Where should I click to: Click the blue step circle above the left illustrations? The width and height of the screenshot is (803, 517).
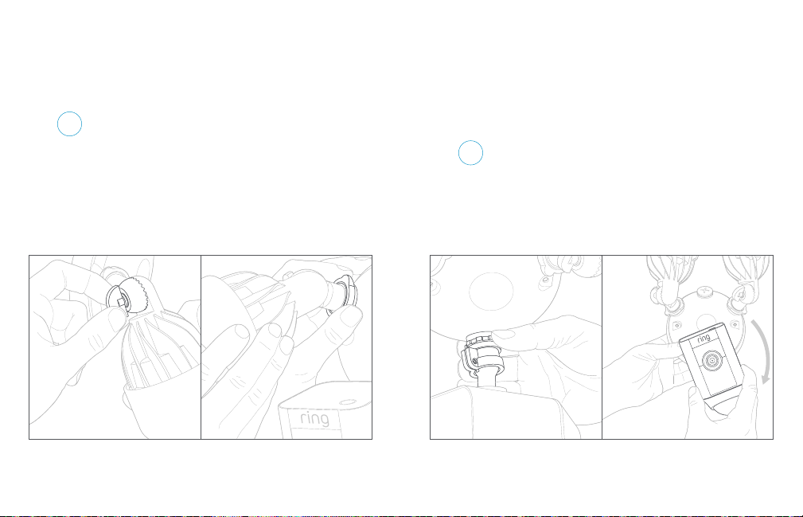coord(70,124)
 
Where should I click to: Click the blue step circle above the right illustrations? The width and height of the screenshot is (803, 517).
coord(470,153)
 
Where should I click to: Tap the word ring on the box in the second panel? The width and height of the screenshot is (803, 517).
coord(314,419)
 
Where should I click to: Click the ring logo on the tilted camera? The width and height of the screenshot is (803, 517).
coord(704,339)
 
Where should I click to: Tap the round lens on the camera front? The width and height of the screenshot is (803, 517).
coord(711,362)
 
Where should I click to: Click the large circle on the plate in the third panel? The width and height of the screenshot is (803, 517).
coord(491,291)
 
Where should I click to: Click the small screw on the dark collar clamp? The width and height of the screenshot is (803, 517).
coord(475,362)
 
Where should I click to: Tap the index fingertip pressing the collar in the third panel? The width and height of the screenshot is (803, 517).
coord(499,335)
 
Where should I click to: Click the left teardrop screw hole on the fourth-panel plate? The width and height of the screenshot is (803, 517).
coord(677,325)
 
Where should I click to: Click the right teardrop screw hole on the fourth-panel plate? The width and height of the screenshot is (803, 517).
coord(735,324)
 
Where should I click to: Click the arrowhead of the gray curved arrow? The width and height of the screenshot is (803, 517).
coord(766,380)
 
